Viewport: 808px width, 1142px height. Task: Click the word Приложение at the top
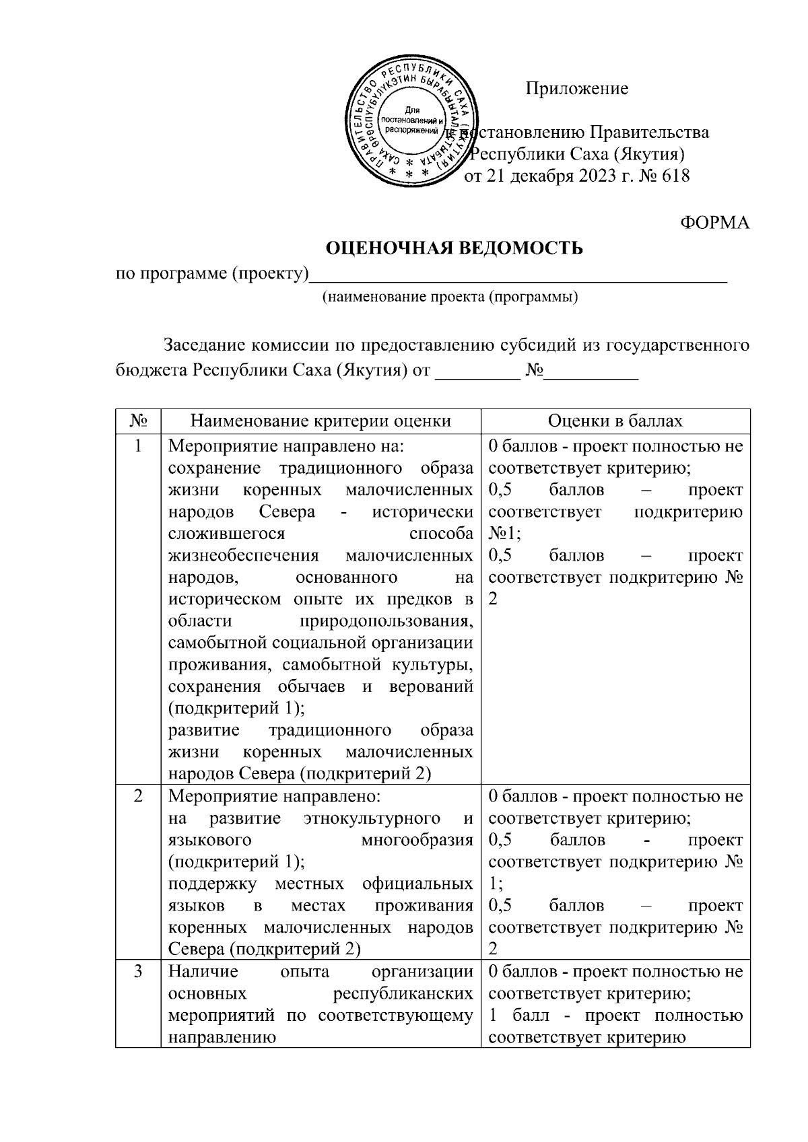click(x=577, y=89)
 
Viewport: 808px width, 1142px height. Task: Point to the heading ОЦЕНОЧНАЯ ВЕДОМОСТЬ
click(x=454, y=248)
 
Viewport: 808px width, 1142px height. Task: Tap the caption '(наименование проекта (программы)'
click(x=450, y=297)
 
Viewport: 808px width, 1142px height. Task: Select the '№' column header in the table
click(x=138, y=421)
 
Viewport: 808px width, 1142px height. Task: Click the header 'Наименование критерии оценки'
click(x=321, y=421)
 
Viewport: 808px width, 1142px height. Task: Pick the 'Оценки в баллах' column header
click(x=615, y=421)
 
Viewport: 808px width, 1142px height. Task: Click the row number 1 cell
click(x=138, y=446)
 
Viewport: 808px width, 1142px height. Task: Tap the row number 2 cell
click(x=138, y=796)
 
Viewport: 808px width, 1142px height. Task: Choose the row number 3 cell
click(x=138, y=972)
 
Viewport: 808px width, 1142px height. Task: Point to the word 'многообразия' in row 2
click(x=417, y=841)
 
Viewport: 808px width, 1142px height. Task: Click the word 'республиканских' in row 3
click(x=403, y=994)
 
